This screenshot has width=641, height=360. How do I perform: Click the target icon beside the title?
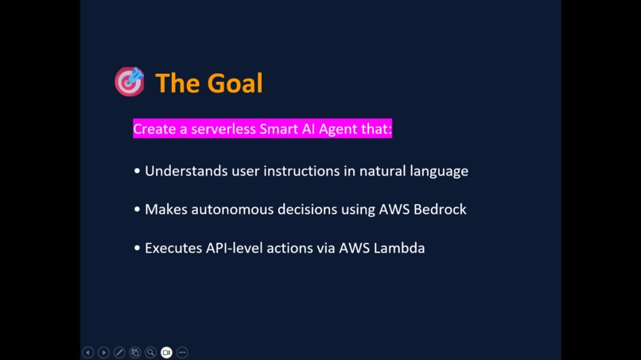[130, 81]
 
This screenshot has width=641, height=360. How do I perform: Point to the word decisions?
[311, 210]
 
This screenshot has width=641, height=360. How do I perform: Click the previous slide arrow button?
[88, 352]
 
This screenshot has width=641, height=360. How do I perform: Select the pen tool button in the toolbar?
[119, 352]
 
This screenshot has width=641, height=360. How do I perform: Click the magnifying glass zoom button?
[150, 352]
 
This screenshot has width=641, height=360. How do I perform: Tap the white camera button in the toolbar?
[166, 352]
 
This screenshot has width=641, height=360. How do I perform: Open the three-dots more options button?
[182, 352]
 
